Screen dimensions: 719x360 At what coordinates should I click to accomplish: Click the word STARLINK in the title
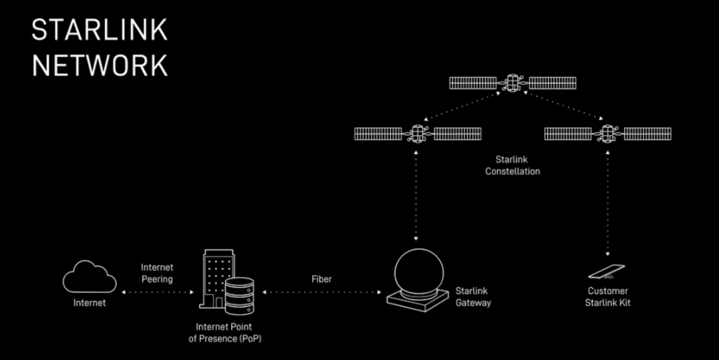[x=99, y=30]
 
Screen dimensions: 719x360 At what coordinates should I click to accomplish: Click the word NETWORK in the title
[x=100, y=65]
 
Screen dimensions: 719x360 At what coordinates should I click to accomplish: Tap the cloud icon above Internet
[x=89, y=276]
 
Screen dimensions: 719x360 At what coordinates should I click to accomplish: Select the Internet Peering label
[x=157, y=273]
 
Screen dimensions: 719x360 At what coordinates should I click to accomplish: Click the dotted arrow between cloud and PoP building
[x=157, y=292]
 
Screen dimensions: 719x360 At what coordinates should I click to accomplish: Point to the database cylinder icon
[x=240, y=296]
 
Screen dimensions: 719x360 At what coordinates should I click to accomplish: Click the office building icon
[x=217, y=279]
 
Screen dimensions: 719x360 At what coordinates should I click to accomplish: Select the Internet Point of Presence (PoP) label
[x=225, y=333]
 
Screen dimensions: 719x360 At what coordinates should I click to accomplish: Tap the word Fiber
[x=321, y=279]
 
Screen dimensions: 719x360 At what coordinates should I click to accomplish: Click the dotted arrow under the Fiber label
[x=322, y=292]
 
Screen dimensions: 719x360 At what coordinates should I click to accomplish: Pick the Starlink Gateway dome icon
[x=418, y=280]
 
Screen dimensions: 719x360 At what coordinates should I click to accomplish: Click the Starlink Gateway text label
[x=473, y=297]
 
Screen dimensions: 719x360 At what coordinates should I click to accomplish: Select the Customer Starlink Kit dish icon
[x=607, y=271]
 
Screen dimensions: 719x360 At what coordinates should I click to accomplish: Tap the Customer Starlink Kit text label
[x=608, y=297]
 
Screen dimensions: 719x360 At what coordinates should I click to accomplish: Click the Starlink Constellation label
[x=512, y=165]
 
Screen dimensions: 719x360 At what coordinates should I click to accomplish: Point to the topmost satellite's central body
[x=513, y=83]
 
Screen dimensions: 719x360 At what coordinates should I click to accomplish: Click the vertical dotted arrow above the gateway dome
[x=416, y=195]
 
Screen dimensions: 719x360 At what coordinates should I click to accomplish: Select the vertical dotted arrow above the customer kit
[x=608, y=203]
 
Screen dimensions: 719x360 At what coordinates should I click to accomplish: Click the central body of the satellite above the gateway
[x=418, y=134]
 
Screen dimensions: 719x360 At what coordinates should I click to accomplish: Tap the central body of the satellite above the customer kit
[x=608, y=134]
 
